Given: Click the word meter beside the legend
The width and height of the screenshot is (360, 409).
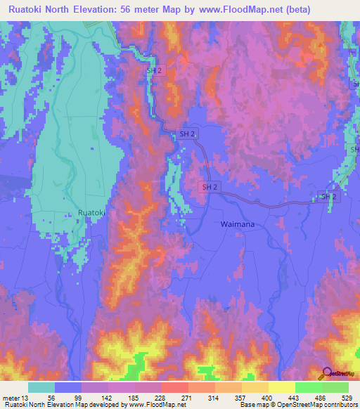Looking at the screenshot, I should pos(11,397).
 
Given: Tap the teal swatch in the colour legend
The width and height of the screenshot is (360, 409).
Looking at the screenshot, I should pos(41,387).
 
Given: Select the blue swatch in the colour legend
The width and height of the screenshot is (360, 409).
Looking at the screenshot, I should pos(68,387).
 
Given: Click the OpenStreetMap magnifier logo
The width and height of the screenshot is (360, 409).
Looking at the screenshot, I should pos(326,374).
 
